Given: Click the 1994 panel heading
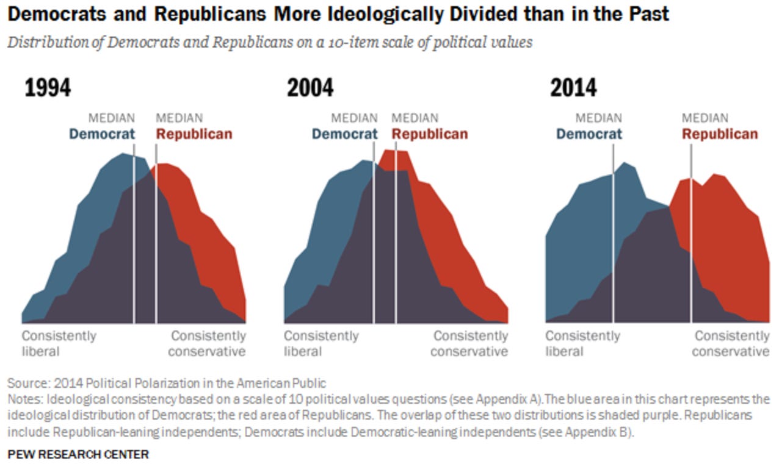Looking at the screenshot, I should (48, 88).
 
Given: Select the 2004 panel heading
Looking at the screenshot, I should (310, 88).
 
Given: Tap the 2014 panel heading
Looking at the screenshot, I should (573, 88).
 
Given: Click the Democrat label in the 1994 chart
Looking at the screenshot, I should (101, 134).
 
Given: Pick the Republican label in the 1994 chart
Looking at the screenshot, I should (194, 134).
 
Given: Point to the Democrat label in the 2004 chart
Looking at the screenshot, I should (344, 134).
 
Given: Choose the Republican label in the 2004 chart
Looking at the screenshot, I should (430, 134).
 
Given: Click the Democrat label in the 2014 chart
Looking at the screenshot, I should (589, 134).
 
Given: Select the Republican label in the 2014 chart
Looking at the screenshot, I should (720, 134).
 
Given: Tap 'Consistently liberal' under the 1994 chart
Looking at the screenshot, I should (59, 343).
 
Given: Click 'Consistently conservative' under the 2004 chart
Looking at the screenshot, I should (470, 343).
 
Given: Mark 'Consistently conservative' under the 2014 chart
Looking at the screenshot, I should (731, 343).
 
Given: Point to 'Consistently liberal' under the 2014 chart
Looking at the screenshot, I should (582, 343).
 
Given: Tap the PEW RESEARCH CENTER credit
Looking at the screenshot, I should (78, 454).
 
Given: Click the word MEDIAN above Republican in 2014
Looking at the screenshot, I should (705, 118).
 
